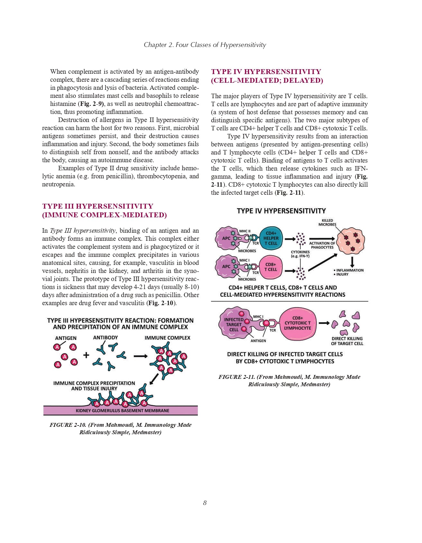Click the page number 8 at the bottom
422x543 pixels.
pyautogui.click(x=205, y=503)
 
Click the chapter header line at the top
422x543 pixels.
pyautogui.click(x=205, y=45)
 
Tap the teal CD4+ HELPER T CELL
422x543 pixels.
pyautogui.click(x=271, y=239)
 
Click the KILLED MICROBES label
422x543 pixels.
pyautogui.click(x=327, y=222)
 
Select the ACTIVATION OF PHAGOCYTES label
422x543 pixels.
pyautogui.click(x=322, y=245)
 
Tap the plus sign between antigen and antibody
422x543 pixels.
pyautogui.click(x=86, y=355)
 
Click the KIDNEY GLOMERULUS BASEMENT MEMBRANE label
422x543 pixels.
pyautogui.click(x=122, y=411)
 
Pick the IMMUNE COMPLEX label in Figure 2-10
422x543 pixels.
pyautogui.click(x=167, y=338)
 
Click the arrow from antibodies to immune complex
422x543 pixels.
pyautogui.click(x=140, y=356)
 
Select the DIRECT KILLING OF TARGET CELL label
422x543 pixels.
pyautogui.click(x=347, y=341)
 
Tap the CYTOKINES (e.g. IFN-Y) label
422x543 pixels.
pyautogui.click(x=300, y=254)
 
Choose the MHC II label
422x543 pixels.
pyautogui.click(x=245, y=231)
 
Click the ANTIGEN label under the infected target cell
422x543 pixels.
pyautogui.click(x=258, y=341)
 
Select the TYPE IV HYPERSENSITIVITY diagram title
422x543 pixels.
pyautogui.click(x=281, y=211)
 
